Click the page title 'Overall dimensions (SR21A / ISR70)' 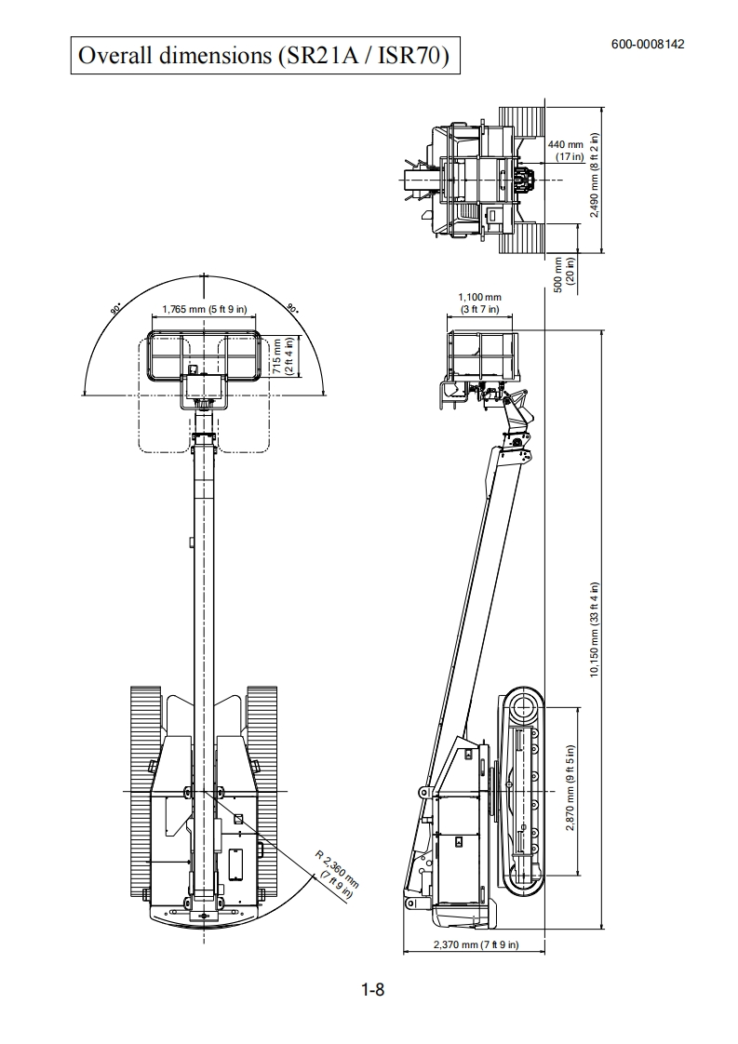click(264, 55)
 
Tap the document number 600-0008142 click(648, 45)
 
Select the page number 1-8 click(373, 989)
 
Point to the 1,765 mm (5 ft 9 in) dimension click(205, 309)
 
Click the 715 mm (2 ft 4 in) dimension click(282, 356)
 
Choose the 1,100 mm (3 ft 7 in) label click(479, 303)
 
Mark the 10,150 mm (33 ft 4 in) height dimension click(595, 630)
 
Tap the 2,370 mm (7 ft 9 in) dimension click(476, 944)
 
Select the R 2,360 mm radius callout click(337, 875)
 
